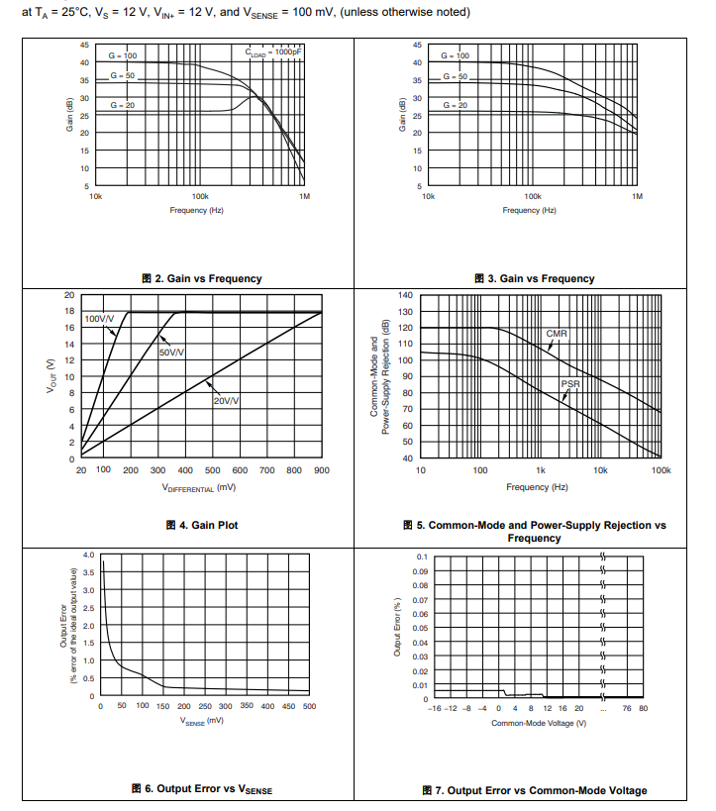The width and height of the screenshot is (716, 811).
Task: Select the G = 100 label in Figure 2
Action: pyautogui.click(x=123, y=56)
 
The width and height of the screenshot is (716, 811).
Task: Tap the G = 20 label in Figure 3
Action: pyautogui.click(x=456, y=105)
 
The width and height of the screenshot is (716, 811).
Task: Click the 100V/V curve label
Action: pyautogui.click(x=99, y=319)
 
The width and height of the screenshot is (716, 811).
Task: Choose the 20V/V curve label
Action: pyautogui.click(x=227, y=400)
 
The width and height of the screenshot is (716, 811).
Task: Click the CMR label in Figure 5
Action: pyautogui.click(x=557, y=334)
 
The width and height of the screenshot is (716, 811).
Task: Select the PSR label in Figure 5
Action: pyautogui.click(x=570, y=382)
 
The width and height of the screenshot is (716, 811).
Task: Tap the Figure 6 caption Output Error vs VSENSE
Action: pyautogui.click(x=201, y=788)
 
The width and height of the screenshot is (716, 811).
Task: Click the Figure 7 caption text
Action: pyautogui.click(x=534, y=790)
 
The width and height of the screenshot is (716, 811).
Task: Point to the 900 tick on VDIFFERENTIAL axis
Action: pyautogui.click(x=321, y=470)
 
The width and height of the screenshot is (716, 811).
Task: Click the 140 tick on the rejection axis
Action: pyautogui.click(x=405, y=295)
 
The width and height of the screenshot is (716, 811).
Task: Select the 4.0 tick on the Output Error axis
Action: pyautogui.click(x=88, y=556)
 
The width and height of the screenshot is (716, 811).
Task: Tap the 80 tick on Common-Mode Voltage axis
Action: pyautogui.click(x=643, y=708)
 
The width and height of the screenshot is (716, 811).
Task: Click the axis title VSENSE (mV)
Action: pyautogui.click(x=203, y=723)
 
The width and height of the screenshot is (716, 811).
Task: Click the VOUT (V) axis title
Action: pyautogui.click(x=50, y=377)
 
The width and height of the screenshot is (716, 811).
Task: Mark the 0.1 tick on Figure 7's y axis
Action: pyautogui.click(x=422, y=557)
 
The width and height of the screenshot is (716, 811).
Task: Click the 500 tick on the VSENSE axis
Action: pyautogui.click(x=309, y=706)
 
